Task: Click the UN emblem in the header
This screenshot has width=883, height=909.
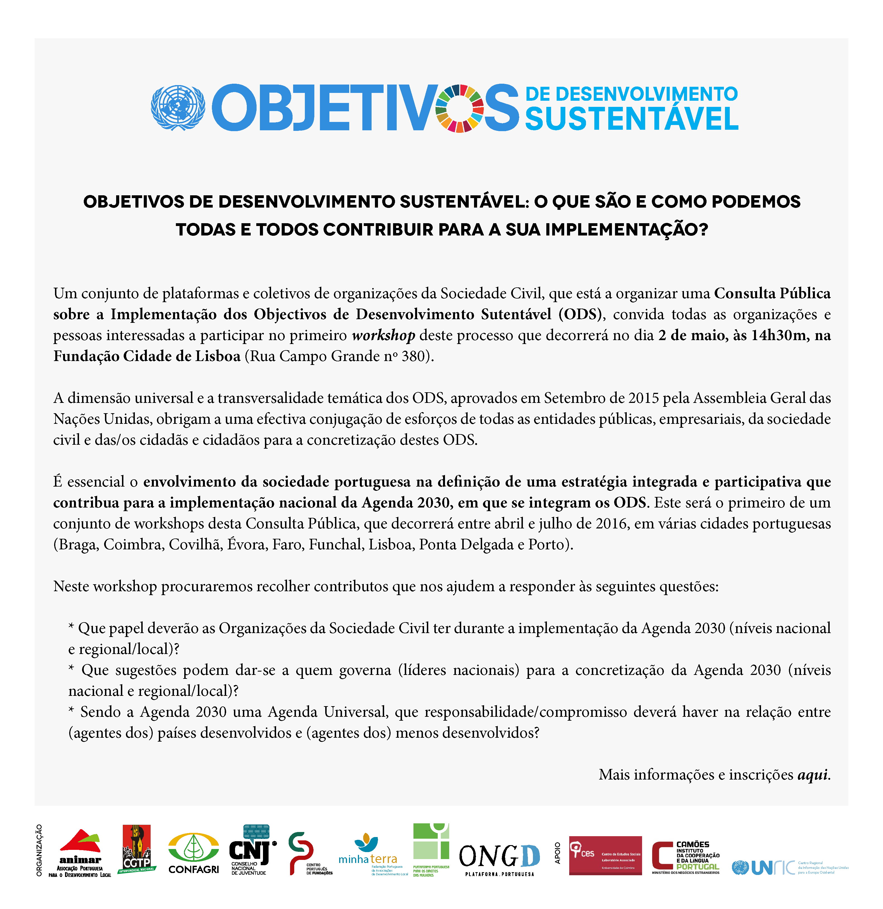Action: click(178, 108)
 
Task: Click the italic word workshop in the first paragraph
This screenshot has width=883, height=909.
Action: click(383, 335)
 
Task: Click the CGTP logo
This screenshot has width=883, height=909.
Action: click(137, 849)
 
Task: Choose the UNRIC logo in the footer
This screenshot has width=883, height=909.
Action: click(789, 867)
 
